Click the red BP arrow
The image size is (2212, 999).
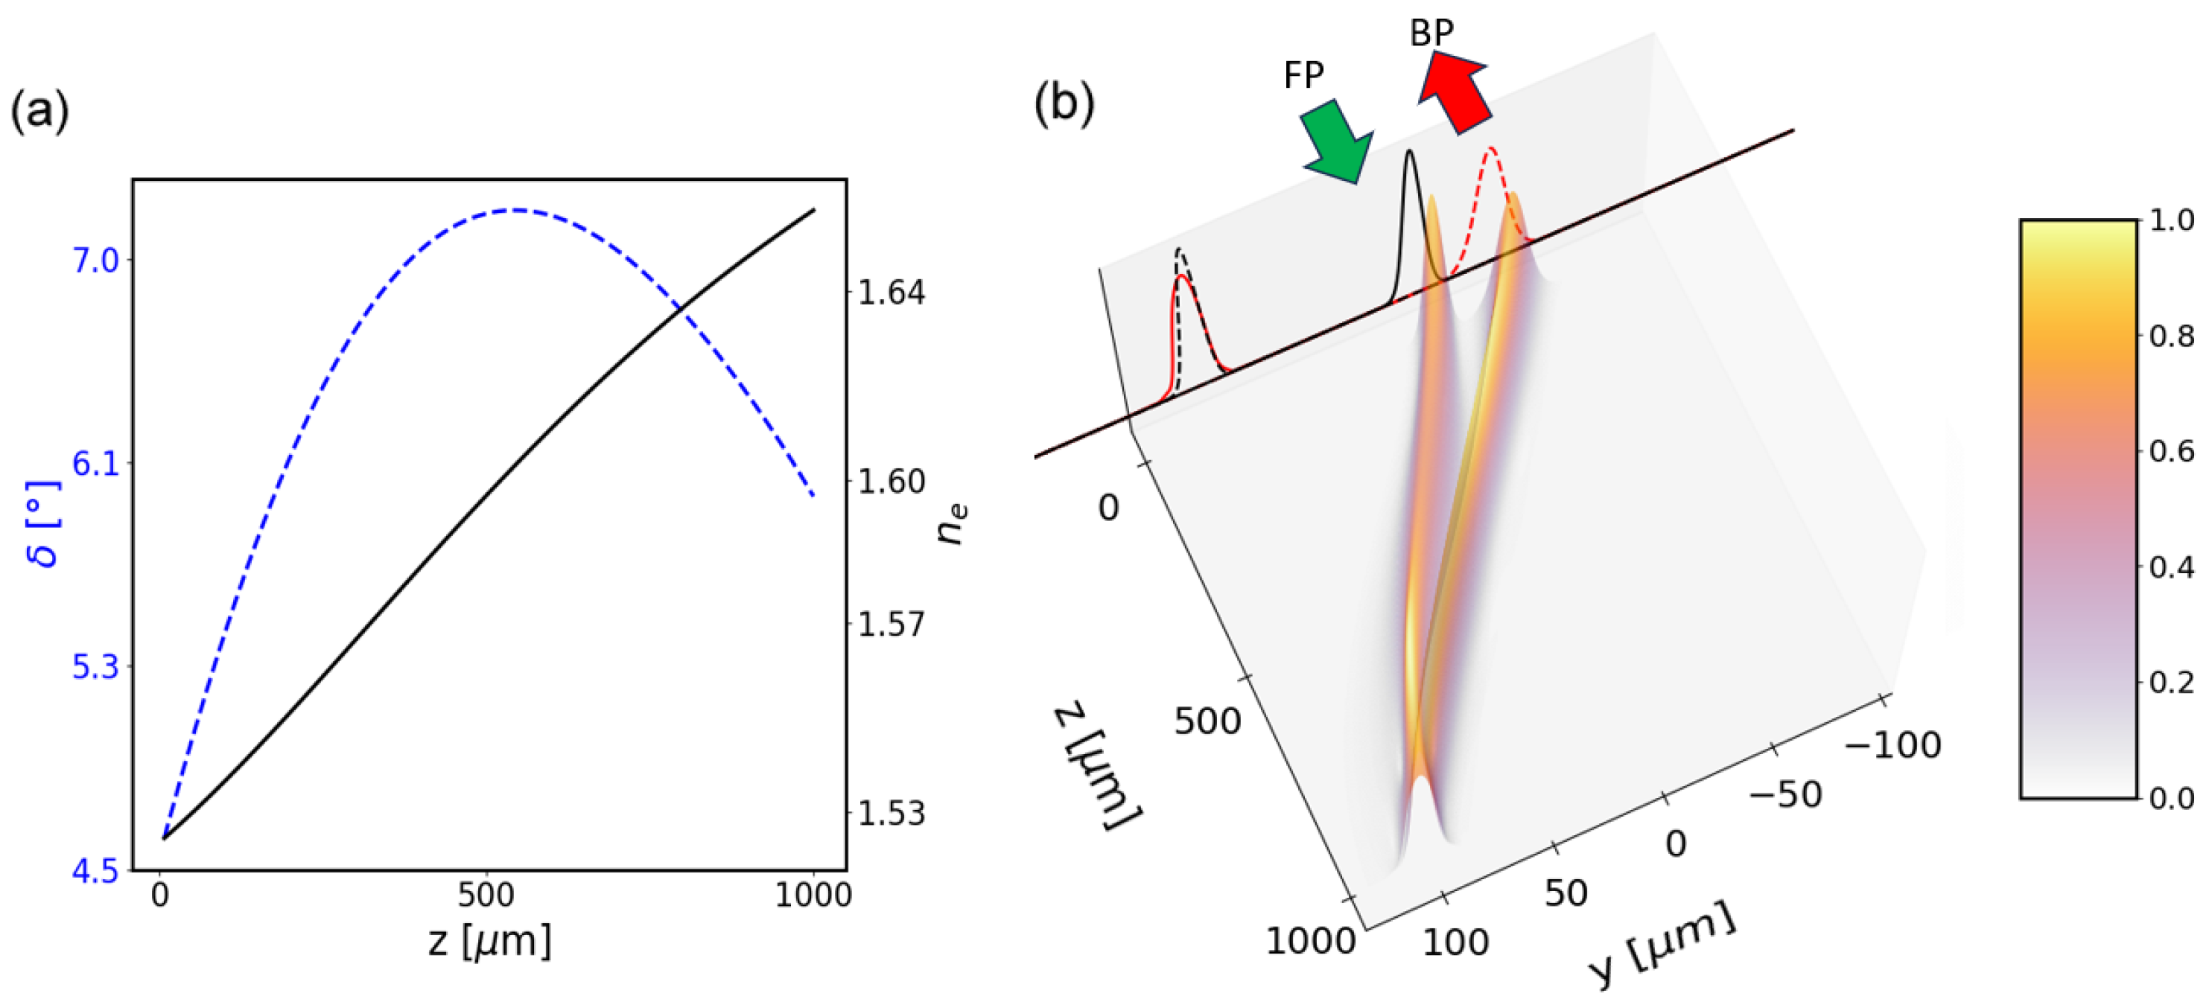point(1455,90)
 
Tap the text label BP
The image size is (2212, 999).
point(1431,33)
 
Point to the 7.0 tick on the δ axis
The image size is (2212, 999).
point(96,259)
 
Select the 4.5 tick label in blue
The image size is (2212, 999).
point(95,872)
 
